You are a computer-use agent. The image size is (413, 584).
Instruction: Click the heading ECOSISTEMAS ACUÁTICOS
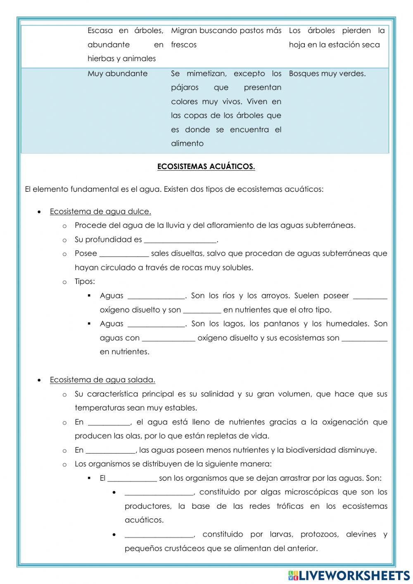point(206,167)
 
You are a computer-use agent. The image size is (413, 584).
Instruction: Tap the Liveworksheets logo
point(349,575)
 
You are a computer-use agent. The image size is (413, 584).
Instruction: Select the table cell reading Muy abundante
point(117,74)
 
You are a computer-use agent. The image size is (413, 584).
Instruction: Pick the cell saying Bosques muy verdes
point(327,74)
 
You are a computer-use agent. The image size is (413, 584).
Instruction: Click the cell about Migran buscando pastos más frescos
point(226,38)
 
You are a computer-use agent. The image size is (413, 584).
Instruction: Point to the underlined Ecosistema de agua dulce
point(100,212)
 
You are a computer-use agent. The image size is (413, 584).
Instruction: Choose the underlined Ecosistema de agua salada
point(102,380)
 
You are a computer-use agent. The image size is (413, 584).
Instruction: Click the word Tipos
point(84,281)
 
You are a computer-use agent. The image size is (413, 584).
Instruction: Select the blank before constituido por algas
point(159,493)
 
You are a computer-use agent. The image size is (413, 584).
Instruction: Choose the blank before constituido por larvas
point(159,535)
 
